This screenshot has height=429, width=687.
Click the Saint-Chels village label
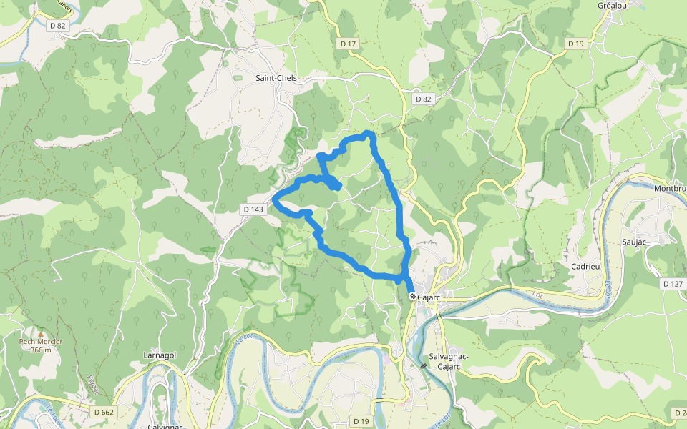tap(276, 78)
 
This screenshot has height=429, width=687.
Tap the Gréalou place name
tap(612, 5)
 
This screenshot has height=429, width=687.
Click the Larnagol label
tap(160, 355)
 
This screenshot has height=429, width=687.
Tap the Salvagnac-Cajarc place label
tap(448, 361)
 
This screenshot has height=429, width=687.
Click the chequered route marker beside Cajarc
tap(413, 296)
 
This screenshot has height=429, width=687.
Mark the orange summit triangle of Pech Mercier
tap(41, 333)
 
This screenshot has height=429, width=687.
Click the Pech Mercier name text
tap(41, 342)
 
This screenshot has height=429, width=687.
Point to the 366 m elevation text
tap(41, 350)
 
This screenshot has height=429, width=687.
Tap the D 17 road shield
tap(348, 44)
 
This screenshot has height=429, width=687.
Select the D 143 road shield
tap(253, 209)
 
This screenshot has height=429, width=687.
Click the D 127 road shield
tap(672, 284)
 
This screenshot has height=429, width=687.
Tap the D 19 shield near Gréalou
tap(576, 44)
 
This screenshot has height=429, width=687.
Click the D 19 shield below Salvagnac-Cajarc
tap(361, 422)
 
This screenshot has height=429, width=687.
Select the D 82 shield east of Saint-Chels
tap(423, 99)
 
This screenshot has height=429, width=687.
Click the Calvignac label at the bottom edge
tap(165, 426)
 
